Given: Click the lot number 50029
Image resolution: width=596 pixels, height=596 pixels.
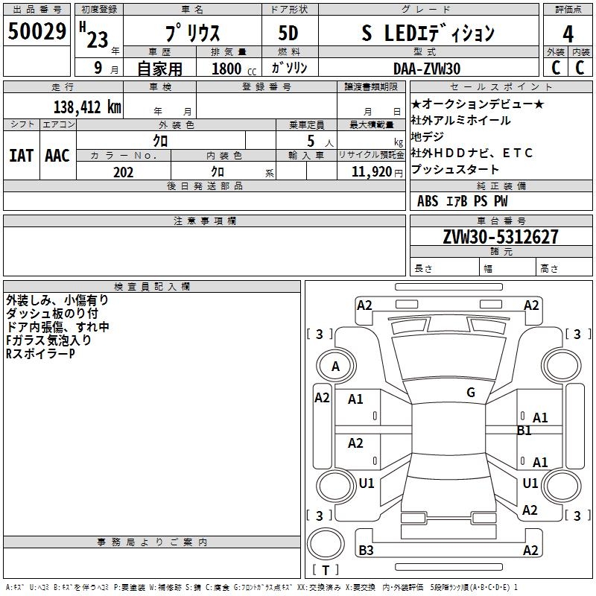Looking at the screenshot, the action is point(37,33).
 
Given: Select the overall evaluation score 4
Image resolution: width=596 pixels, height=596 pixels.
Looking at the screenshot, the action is point(568,34).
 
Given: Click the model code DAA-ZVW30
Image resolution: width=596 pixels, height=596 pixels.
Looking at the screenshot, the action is point(427,69).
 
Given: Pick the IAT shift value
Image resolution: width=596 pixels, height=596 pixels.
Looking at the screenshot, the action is point(21,156).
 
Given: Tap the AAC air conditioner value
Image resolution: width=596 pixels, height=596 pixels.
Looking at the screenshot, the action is point(57,156).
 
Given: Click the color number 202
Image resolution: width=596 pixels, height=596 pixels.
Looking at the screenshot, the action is point(123,172).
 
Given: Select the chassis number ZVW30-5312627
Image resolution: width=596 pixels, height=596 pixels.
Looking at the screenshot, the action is point(489,237).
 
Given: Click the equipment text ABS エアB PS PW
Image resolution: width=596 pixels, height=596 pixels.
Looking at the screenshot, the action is point(462,201).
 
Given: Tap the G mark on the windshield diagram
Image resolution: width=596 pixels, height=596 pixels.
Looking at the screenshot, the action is point(471,393).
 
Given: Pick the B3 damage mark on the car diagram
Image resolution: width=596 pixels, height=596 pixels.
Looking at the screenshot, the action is point(367,551).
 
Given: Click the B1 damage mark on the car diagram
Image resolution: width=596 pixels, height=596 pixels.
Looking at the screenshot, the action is point(524,431).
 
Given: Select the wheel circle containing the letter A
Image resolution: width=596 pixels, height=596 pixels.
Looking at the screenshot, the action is point(335,367).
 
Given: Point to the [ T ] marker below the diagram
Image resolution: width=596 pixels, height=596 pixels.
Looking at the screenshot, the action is point(326,571).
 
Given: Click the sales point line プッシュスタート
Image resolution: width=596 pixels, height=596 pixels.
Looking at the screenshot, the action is point(455,170).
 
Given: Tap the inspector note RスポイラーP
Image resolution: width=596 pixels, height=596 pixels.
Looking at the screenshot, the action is point(40,353).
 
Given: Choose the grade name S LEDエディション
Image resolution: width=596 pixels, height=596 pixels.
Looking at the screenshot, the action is point(438,34).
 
